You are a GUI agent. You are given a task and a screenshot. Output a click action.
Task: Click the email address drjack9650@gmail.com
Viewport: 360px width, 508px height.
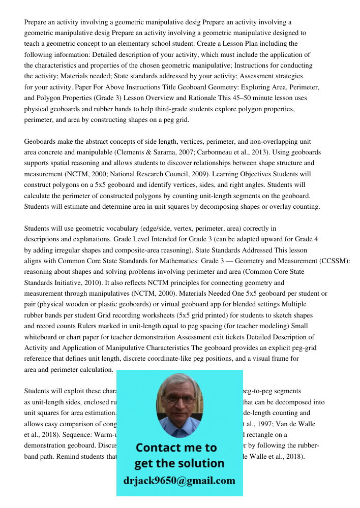[179, 481]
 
